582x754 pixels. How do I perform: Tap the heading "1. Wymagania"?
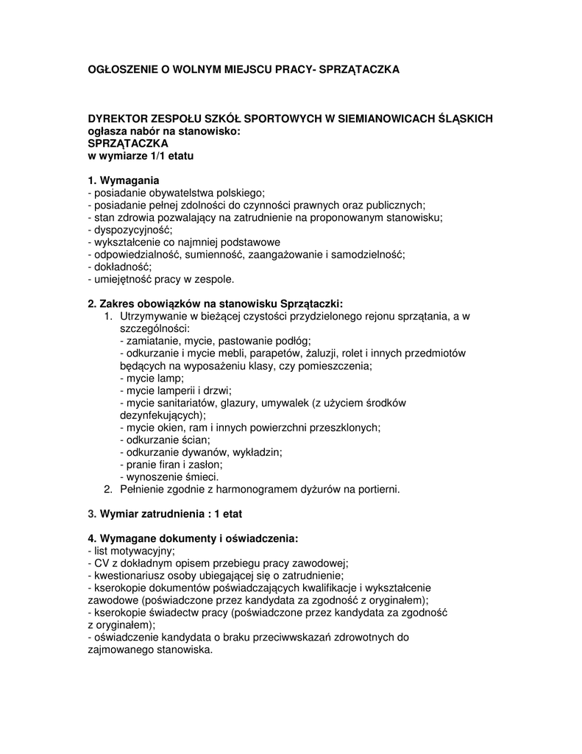tap(123, 180)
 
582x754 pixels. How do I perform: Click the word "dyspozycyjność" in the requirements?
tap(132, 230)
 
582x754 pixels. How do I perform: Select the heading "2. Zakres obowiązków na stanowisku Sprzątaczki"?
tap(216, 303)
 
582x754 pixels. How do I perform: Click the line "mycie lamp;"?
tap(152, 378)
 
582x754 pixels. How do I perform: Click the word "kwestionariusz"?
tap(128, 576)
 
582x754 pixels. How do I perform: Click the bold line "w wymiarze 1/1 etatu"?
tap(141, 155)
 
